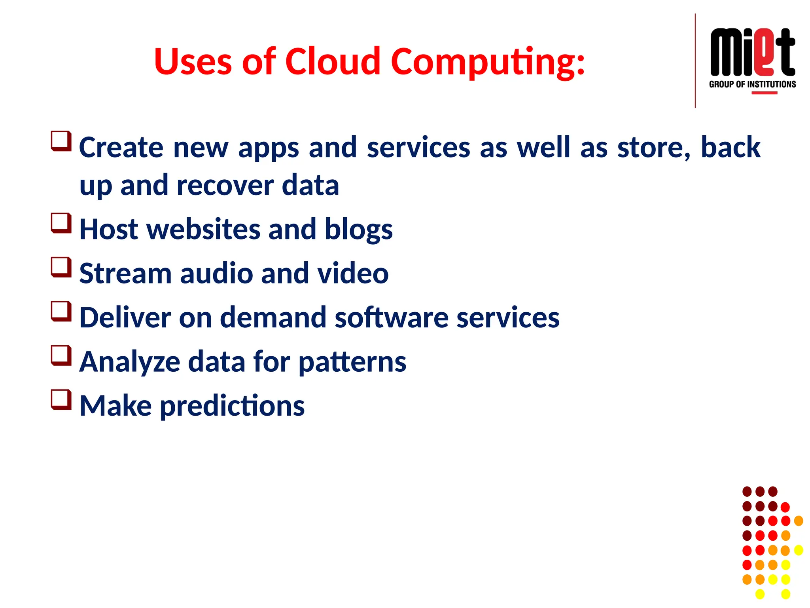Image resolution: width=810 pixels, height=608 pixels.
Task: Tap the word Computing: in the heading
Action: (488, 62)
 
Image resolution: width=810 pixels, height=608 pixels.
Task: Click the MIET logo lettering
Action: (752, 52)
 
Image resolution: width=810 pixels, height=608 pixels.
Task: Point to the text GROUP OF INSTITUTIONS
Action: (752, 84)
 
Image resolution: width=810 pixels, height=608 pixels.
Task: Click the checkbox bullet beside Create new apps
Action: (61, 141)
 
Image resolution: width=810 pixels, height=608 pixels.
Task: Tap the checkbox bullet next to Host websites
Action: (61, 223)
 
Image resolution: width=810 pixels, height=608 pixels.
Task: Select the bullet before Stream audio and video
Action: (61, 267)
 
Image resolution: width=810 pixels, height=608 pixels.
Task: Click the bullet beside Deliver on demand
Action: (61, 311)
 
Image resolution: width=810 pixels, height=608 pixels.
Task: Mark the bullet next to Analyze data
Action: (61, 355)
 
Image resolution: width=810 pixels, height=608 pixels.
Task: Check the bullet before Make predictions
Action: (61, 399)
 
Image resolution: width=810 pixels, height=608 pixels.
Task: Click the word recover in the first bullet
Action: (225, 185)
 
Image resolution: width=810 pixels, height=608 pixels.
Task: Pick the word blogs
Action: (358, 230)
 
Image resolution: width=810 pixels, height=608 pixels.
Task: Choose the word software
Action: (391, 317)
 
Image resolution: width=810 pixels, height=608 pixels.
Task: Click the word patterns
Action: (352, 362)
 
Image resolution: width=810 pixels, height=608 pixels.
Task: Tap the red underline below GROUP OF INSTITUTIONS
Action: (764, 93)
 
